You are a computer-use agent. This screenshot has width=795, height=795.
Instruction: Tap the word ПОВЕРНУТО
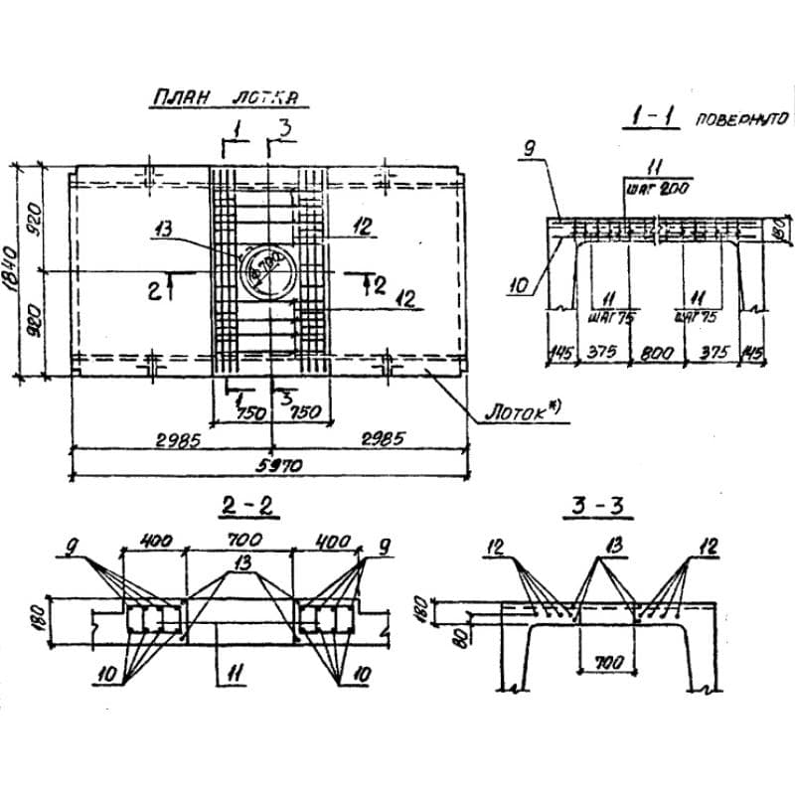[740, 119]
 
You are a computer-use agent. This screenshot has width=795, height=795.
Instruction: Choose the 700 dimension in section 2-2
[238, 540]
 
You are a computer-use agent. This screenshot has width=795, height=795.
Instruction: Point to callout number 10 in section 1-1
[518, 288]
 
